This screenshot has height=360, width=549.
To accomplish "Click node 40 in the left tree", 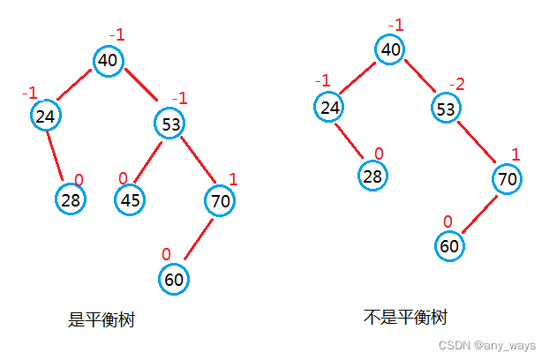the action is pyautogui.click(x=108, y=60).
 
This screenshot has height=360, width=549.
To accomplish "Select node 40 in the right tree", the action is pyautogui.click(x=390, y=49).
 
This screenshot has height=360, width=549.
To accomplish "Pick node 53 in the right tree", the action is pyautogui.click(x=446, y=109).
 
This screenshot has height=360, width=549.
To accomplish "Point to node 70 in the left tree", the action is pyautogui.click(x=221, y=201).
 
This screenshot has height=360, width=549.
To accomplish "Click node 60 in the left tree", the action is pyautogui.click(x=174, y=280).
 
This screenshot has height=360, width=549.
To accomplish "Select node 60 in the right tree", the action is pyautogui.click(x=449, y=245).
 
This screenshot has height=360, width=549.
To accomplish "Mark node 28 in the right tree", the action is pyautogui.click(x=372, y=175).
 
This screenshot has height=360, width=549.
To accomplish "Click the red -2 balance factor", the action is pyautogui.click(x=455, y=84).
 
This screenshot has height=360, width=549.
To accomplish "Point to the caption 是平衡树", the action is pyautogui.click(x=102, y=319).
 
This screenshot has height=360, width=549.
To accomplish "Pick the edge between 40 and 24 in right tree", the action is pyautogui.click(x=359, y=78).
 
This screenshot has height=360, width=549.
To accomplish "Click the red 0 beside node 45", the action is pyautogui.click(x=123, y=179).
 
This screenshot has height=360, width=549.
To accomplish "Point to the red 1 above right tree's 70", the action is pyautogui.click(x=515, y=155).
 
